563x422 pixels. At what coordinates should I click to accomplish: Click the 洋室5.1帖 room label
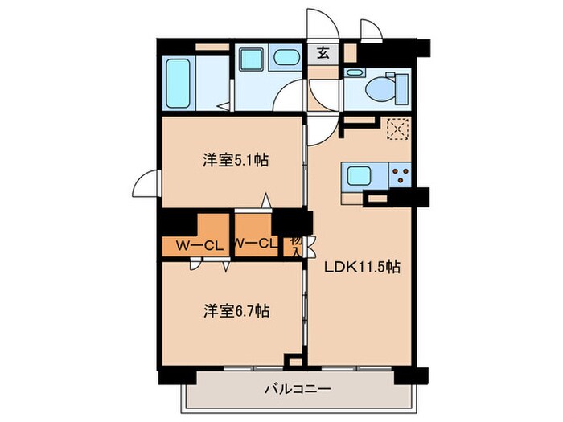click(234, 160)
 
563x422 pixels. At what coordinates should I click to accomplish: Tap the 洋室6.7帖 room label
click(234, 309)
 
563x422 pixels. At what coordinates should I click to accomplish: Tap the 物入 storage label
click(295, 244)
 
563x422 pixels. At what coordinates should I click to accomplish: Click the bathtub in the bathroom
click(178, 82)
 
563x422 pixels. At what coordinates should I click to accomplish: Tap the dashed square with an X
click(397, 129)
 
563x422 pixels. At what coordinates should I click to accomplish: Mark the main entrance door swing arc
click(318, 23)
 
